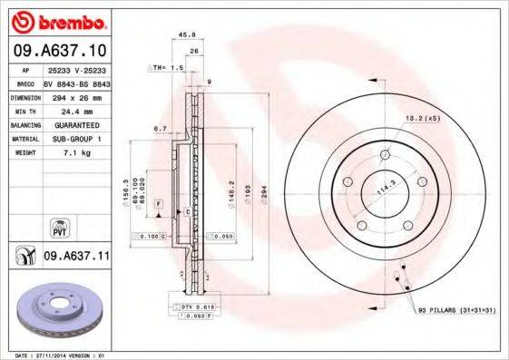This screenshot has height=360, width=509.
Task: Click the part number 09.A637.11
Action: pyautogui.click(x=75, y=258)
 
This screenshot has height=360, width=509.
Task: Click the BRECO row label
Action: pyautogui.click(x=25, y=83)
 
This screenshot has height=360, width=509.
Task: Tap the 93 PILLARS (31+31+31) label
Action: pyautogui.click(x=457, y=311)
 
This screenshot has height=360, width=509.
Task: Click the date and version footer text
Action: pyautogui.click(x=55, y=355)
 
